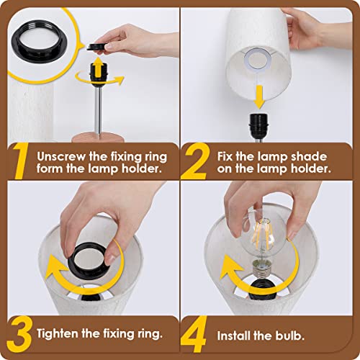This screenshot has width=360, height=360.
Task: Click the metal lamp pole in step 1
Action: pyautogui.click(x=95, y=108)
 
